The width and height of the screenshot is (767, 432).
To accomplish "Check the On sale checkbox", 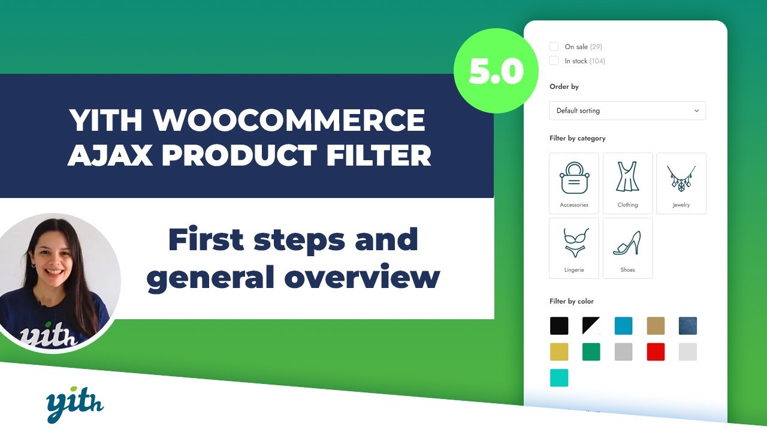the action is click(554, 46).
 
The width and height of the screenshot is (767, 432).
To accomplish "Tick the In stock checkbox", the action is click(554, 61).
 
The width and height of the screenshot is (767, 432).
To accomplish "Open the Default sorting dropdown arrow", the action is click(696, 111).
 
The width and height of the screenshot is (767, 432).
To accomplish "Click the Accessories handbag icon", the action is click(574, 178).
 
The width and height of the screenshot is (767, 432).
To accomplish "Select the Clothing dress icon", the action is click(627, 176).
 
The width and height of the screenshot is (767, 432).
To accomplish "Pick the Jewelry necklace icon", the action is click(681, 178).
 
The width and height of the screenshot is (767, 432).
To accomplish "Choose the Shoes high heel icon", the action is click(627, 243).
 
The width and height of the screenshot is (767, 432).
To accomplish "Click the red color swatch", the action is click(656, 352).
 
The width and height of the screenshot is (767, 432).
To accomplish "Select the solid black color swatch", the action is click(559, 326).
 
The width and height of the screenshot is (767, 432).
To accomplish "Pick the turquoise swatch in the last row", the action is click(559, 378).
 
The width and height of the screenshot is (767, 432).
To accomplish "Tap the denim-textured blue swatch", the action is click(688, 326).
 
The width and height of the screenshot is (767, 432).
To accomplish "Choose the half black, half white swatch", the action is click(591, 326).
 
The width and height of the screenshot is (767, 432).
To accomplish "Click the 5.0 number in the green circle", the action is click(496, 71).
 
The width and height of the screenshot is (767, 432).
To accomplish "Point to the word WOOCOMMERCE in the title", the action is click(289, 119).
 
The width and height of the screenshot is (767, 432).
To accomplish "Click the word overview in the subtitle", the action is click(362, 277).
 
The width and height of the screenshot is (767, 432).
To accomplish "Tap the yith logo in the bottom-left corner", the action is click(75, 405).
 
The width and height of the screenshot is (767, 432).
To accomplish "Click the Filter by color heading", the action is click(572, 301).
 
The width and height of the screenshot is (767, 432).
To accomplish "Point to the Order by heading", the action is click(564, 87).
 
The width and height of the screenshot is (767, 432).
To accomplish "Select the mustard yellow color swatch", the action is click(559, 352).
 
